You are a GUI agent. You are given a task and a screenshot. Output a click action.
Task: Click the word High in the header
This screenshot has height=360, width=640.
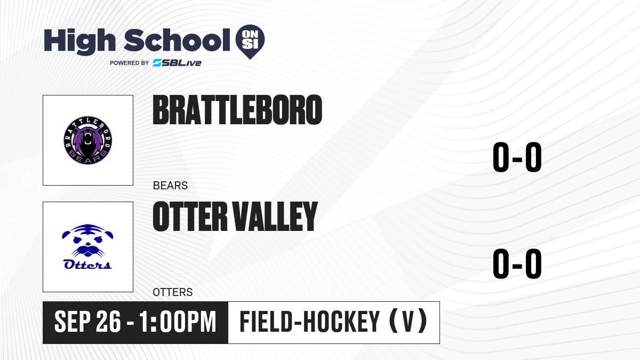point(80,42)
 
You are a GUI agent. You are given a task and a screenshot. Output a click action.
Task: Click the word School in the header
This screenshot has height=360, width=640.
point(177,40)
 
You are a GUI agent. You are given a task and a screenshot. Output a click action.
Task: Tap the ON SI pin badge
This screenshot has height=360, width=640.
point(250,42)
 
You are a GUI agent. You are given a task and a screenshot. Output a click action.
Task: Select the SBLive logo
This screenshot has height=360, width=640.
point(177,63)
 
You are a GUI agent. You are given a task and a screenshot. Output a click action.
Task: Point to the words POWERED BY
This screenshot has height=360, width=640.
point(130,63)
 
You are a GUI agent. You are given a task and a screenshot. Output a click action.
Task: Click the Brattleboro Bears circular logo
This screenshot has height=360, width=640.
point(87,140)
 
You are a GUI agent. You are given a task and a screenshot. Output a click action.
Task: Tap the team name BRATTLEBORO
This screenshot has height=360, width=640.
point(237,110)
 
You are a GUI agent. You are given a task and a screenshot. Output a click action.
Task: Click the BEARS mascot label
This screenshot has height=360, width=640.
point(170,186)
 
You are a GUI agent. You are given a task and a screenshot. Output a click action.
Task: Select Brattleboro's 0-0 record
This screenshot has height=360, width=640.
point(517,157)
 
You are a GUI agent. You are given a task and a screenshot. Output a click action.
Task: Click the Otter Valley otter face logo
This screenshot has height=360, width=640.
point(87,241)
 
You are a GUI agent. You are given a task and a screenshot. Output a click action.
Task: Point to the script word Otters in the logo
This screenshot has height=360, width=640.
point(87,265)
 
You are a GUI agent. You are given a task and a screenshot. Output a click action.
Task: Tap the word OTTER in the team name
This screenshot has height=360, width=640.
point(190,217)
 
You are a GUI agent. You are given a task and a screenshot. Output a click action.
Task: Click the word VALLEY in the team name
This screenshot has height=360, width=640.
point(275,217)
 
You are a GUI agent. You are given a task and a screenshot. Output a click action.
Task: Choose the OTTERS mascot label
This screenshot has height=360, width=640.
point(173,292)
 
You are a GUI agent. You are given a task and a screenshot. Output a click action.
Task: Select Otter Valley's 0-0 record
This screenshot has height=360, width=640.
point(517,263)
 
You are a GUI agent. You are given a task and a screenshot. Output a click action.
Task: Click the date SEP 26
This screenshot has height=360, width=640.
point(87,322)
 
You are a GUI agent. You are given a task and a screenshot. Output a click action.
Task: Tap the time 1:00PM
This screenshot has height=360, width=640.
point(178,322)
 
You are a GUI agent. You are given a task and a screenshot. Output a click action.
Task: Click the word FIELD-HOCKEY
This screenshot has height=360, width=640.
point(310,322)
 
